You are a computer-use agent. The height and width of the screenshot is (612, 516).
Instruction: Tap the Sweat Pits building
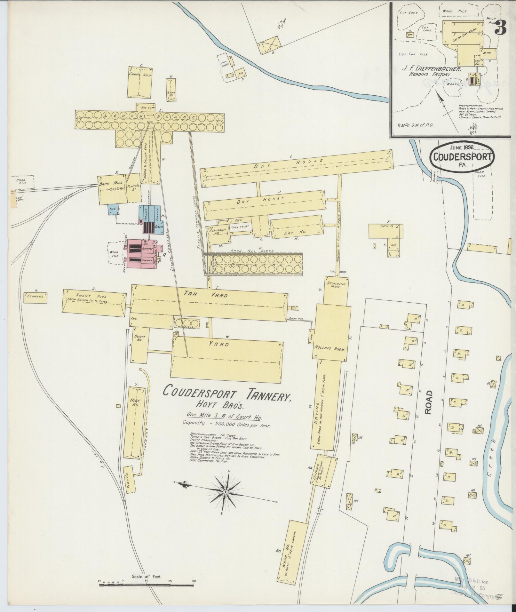point(94,302)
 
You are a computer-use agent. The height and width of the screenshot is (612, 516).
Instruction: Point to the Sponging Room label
point(336,285)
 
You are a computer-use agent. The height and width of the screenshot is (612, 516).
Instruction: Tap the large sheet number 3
point(500,29)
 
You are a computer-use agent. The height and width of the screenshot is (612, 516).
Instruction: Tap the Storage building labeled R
point(36,297)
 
